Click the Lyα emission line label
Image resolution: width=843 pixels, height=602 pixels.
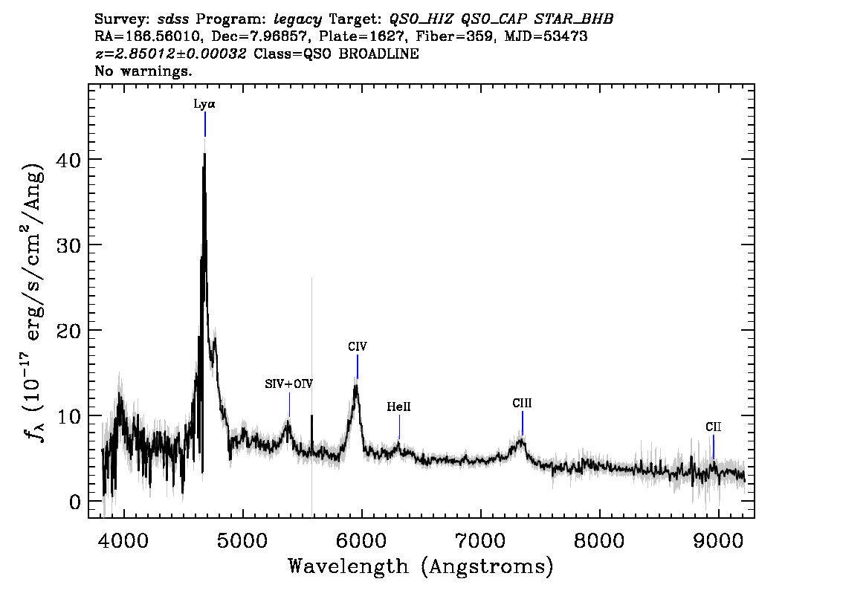coord(204,104)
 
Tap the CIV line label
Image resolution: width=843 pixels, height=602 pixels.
coord(358,346)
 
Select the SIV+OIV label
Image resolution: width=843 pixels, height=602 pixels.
coord(288,384)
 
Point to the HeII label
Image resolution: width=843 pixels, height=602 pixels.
coord(399,407)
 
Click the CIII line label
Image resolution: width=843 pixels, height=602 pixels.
coord(522,403)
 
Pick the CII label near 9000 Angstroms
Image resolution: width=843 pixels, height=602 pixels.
coord(714,427)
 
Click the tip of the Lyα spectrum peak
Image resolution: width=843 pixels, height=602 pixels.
coord(205,154)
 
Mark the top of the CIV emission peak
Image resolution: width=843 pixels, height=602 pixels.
coord(356,385)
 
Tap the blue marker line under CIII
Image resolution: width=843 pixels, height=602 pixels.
coord(523,423)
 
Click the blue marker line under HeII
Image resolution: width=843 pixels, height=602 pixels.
coord(399,428)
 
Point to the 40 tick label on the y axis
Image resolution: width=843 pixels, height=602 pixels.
coord(68,160)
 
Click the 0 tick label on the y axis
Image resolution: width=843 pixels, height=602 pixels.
coord(74,502)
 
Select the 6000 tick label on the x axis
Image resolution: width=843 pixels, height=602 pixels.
coord(362,540)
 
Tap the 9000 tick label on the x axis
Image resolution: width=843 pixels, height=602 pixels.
coord(717,540)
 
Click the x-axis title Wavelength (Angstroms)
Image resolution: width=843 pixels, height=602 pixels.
coord(421,566)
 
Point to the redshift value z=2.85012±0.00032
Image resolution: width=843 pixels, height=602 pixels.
coord(170,54)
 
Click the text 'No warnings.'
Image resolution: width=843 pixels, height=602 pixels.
coord(143,71)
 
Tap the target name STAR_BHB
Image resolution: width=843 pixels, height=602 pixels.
coord(574,19)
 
